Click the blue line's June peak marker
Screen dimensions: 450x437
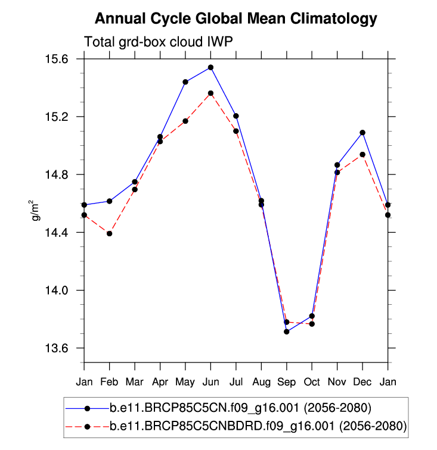[210, 67]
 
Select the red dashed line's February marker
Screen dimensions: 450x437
[110, 233]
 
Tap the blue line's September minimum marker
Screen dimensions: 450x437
[287, 332]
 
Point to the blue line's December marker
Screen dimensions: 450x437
[362, 132]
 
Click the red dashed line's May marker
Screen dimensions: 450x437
[185, 121]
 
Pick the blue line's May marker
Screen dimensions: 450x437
[185, 82]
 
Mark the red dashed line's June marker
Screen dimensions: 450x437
[210, 93]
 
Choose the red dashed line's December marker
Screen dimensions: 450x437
[362, 154]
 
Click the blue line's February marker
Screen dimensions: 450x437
[110, 201]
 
